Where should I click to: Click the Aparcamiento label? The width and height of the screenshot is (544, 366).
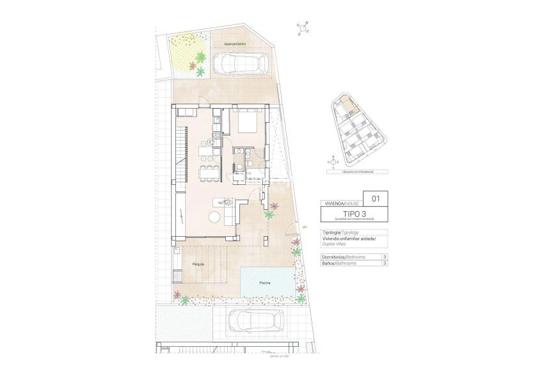pyautogui.click(x=235, y=44)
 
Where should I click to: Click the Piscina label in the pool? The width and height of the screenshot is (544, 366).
pyautogui.click(x=264, y=282)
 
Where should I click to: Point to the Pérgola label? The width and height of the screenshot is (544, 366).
pyautogui.click(x=198, y=264)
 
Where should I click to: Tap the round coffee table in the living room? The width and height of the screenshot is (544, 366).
pyautogui.click(x=214, y=216)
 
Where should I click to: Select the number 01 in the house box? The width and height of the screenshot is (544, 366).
pyautogui.click(x=376, y=198)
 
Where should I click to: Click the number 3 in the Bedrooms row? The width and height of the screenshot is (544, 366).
pyautogui.click(x=384, y=257)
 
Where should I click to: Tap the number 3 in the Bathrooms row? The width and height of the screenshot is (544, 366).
pyautogui.click(x=384, y=262)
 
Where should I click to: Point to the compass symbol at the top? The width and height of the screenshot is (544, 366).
pyautogui.click(x=303, y=28)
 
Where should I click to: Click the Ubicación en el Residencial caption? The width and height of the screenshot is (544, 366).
pyautogui.click(x=356, y=172)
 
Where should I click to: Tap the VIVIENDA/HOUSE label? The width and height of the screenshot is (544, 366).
pyautogui.click(x=341, y=202)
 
